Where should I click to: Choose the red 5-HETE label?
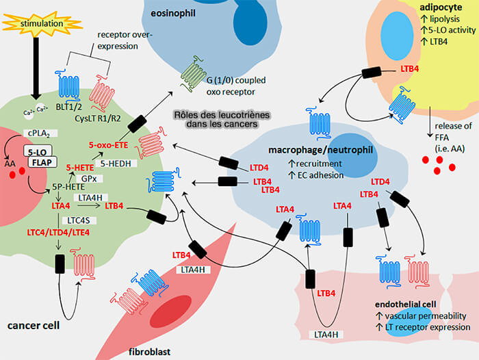coord(79,166)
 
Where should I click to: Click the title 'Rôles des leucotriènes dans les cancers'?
coord(220,120)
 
